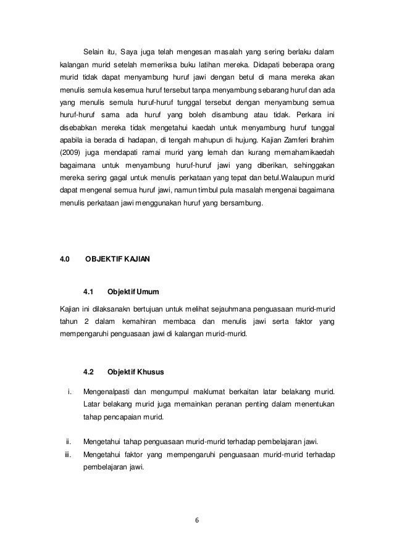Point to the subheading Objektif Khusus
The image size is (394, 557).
(132, 372)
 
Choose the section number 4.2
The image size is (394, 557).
(88, 372)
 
